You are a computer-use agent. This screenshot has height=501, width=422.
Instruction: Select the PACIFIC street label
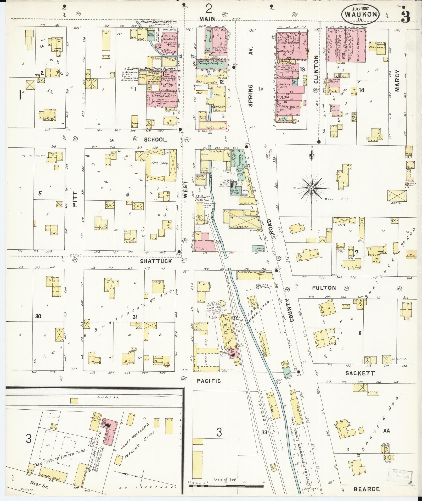[209, 381]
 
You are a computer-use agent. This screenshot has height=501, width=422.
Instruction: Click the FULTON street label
[324, 288]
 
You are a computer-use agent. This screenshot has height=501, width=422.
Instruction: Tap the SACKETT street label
[360, 373]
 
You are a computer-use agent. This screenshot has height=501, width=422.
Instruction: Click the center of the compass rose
[312, 188]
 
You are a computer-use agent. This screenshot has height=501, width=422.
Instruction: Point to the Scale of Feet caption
[225, 479]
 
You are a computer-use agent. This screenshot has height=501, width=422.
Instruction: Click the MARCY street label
[397, 81]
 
